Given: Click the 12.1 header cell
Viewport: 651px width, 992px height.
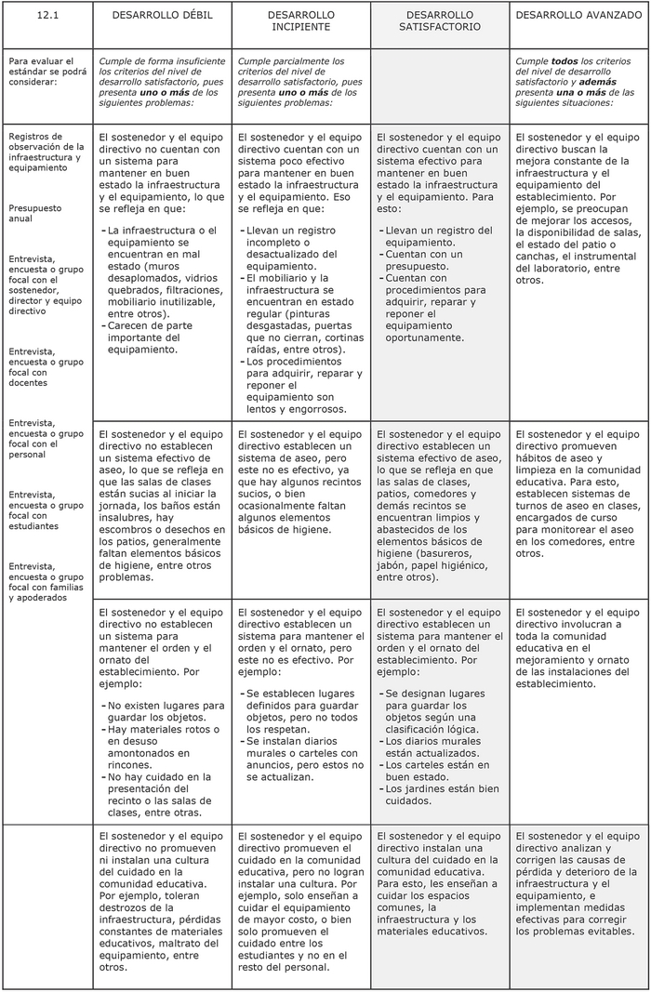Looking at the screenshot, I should point(47,16).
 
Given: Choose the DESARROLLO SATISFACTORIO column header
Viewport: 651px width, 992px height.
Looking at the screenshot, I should point(439,21).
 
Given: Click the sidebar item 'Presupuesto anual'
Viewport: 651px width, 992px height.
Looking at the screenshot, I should point(35,214).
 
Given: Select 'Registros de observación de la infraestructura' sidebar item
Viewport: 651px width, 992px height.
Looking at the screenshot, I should point(46,152).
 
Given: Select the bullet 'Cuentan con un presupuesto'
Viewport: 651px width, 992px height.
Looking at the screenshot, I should point(424,259).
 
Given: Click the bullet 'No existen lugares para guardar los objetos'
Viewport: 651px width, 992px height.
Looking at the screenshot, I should point(165,711).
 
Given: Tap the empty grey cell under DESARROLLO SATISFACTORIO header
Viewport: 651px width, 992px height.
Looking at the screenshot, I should point(439,84).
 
